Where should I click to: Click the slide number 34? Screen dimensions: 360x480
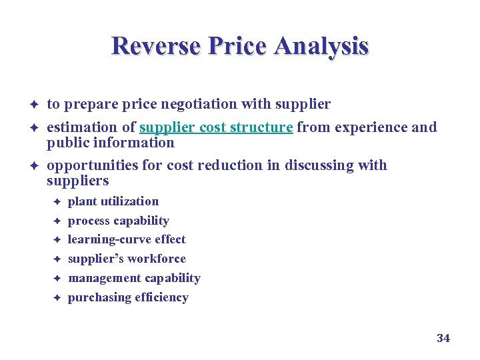coord(443,339)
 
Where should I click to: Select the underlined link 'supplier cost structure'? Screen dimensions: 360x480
coord(216,127)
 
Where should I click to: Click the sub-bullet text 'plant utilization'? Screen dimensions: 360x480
coord(113,201)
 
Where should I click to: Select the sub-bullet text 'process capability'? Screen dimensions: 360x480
coord(119,221)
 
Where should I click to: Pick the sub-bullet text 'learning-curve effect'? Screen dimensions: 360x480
coord(127,239)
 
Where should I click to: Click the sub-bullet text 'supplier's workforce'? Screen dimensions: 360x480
coord(127,259)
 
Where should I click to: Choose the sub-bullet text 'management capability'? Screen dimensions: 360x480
coord(134,278)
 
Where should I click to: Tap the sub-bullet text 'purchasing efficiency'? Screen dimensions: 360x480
coord(128,297)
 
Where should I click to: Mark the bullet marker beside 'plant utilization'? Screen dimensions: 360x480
coord(58,201)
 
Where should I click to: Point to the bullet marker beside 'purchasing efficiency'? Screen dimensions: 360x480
coord(58,298)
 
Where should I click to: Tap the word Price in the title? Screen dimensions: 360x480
coord(237,47)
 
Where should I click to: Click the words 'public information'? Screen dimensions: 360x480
coord(110,143)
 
